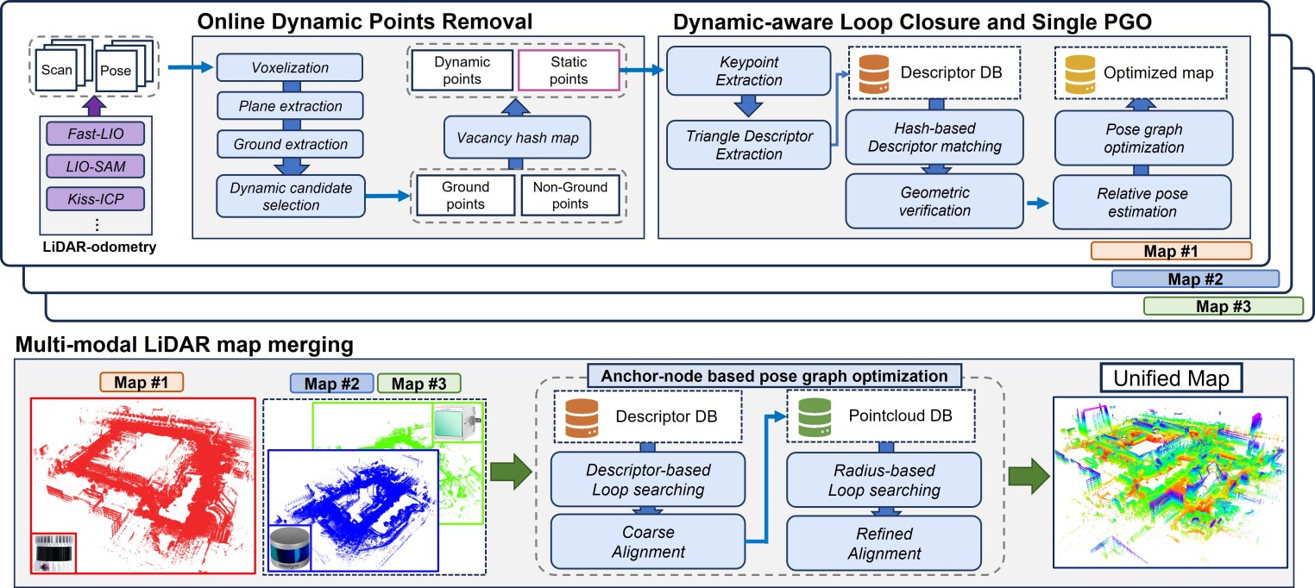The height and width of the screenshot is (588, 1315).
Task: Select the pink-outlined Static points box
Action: (557, 70)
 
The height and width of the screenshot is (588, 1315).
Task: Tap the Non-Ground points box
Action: (569, 196)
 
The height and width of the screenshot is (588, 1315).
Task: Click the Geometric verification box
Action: (934, 200)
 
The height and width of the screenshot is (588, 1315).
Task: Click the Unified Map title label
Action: (1171, 378)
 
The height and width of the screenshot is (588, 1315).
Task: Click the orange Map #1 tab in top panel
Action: (1170, 252)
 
